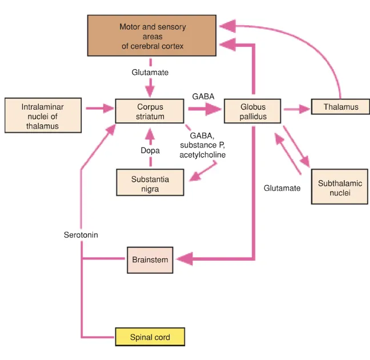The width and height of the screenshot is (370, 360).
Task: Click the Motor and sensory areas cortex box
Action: point(152,35)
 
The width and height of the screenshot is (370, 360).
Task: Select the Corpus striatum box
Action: point(150,111)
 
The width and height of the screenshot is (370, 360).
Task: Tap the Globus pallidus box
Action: point(252,111)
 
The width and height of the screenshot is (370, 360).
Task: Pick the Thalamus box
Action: point(341,107)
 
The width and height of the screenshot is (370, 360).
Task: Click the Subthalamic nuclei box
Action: point(340,188)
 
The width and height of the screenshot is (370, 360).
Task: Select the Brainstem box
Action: point(150,260)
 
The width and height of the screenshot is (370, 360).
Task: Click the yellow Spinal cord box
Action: point(150,337)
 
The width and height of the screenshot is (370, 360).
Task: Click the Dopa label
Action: point(150,151)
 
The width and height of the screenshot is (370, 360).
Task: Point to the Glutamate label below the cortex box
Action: point(150,73)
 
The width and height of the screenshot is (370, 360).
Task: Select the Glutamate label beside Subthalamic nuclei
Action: point(282,188)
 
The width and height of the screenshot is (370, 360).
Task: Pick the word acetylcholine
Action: point(203,155)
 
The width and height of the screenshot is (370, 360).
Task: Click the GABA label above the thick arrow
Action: point(204,97)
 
